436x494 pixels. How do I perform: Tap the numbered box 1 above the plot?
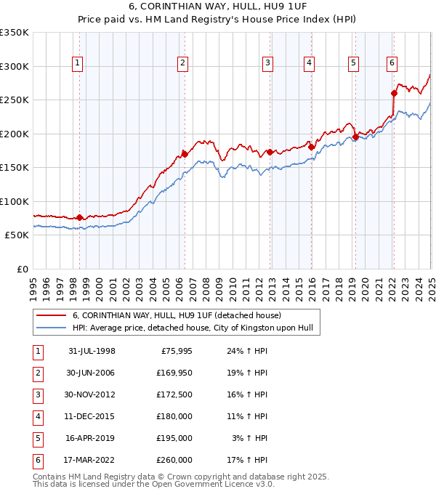(x=78, y=63)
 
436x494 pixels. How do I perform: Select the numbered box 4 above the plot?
(x=309, y=63)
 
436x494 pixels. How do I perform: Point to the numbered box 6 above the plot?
(x=392, y=62)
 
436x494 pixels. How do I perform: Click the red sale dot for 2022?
(x=394, y=93)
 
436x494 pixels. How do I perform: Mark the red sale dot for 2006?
(x=185, y=154)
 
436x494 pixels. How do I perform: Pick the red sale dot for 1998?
(x=79, y=217)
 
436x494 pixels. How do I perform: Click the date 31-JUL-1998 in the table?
(x=92, y=351)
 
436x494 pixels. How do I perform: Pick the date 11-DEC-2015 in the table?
(x=92, y=416)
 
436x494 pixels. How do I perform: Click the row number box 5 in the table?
(x=37, y=438)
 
